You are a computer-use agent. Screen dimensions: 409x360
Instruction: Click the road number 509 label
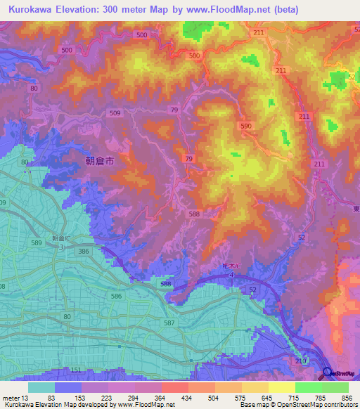pos(115,112)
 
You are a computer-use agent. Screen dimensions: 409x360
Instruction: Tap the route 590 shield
pos(245,125)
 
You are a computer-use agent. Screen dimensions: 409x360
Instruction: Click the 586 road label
pos(116,297)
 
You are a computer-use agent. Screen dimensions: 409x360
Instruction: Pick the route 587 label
pos(169,323)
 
